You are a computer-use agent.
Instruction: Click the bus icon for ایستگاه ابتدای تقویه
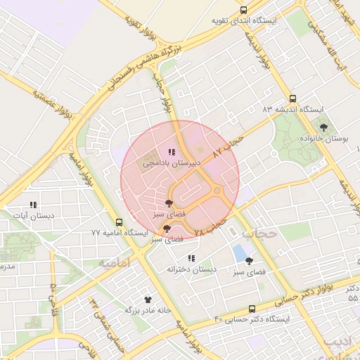[243, 11]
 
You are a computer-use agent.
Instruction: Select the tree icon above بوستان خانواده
[323, 127]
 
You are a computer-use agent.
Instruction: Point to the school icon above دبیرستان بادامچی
[172, 151]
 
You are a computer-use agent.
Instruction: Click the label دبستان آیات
[32, 216]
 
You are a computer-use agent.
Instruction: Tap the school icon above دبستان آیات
[33, 205]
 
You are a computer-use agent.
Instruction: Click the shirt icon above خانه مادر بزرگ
[148, 299]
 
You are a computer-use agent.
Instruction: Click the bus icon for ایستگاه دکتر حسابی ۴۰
[252, 309]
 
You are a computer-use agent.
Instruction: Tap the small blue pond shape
[240, 252]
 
